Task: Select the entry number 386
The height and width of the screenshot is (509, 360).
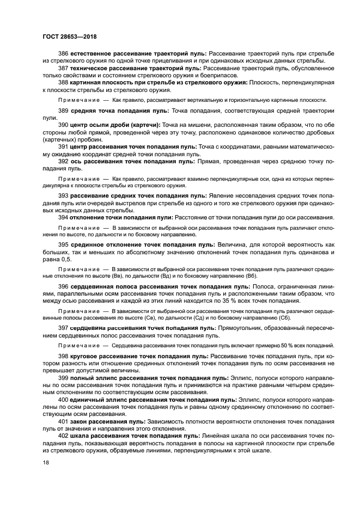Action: tap(64, 53)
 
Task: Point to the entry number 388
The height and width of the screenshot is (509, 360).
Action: tap(64, 82)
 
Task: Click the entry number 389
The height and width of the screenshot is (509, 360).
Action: tap(64, 111)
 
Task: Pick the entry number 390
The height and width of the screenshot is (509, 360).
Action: tap(64, 125)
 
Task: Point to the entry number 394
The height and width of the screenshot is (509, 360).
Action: tap(64, 217)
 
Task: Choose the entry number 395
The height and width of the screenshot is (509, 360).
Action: tap(64, 246)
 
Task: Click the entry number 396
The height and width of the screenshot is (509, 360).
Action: tap(64, 286)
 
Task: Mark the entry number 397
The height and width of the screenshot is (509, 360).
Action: tap(64, 328)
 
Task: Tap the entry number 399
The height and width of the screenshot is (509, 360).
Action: tap(64, 378)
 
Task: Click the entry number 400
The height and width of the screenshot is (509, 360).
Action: tap(64, 400)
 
